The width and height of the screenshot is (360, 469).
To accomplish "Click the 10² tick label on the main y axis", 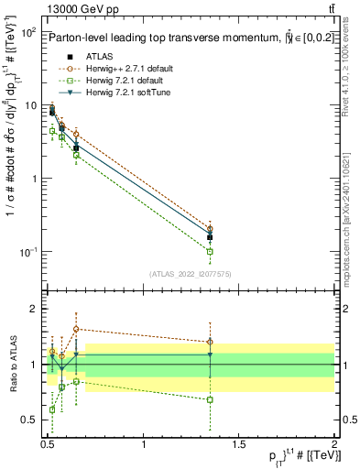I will click(27, 32).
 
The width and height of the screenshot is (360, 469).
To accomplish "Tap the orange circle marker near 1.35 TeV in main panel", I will click(211, 229).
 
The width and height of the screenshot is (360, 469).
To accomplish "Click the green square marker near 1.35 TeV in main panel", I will click(211, 251).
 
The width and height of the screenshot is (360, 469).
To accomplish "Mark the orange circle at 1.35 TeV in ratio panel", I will click(211, 342).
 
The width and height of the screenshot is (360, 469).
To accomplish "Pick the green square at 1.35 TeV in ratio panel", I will click(211, 399).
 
